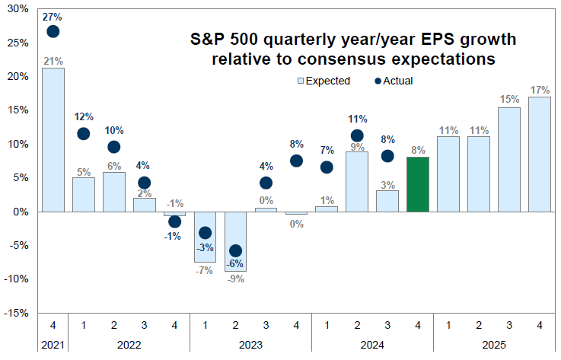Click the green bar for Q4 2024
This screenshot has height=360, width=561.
(x=419, y=184)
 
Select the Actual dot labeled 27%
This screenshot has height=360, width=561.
(x=53, y=31)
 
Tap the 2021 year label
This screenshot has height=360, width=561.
(x=53, y=344)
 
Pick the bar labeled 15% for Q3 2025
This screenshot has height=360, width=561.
(x=509, y=159)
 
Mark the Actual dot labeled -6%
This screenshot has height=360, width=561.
(x=236, y=250)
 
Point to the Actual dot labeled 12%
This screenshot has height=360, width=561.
(x=84, y=133)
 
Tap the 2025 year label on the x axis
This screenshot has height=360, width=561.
(x=494, y=344)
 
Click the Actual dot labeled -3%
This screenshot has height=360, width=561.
(x=206, y=232)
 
